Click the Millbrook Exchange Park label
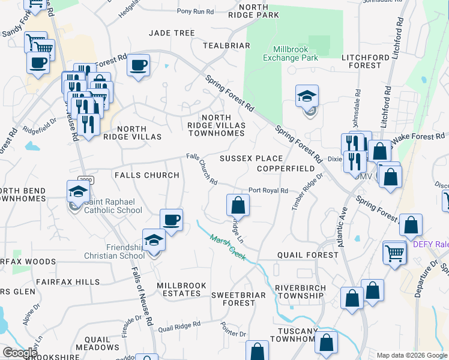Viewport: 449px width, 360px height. click(x=294, y=53)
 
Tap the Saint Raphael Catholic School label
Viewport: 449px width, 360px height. click(x=113, y=206)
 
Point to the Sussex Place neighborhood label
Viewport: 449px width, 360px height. click(x=250, y=158)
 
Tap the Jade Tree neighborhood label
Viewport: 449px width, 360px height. click(x=172, y=33)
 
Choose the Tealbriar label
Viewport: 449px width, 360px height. click(x=226, y=46)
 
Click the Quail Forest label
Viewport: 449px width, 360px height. click(x=308, y=255)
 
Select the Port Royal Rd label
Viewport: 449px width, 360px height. click(x=268, y=190)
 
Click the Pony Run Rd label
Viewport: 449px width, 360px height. click(x=196, y=11)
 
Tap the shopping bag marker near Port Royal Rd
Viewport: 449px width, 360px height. click(x=238, y=205)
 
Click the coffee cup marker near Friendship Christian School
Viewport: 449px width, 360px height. click(x=171, y=220)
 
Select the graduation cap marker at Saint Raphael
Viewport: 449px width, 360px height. click(x=77, y=192)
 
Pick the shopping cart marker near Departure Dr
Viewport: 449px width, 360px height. click(x=395, y=253)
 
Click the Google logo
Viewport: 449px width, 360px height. click(x=20, y=353)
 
